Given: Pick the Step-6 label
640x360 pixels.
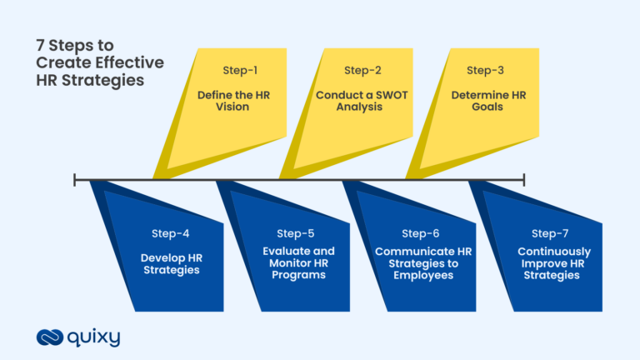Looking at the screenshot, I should click(x=420, y=233).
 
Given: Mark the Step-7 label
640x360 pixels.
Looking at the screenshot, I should click(x=549, y=233).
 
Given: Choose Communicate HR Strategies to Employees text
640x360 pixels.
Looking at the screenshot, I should click(x=421, y=263).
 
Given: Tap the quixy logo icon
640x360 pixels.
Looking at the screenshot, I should click(x=50, y=337).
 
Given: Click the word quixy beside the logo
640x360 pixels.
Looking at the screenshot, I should click(x=94, y=337).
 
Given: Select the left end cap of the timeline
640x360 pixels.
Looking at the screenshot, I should click(x=75, y=178).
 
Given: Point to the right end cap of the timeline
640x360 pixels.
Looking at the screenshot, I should click(x=524, y=178).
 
